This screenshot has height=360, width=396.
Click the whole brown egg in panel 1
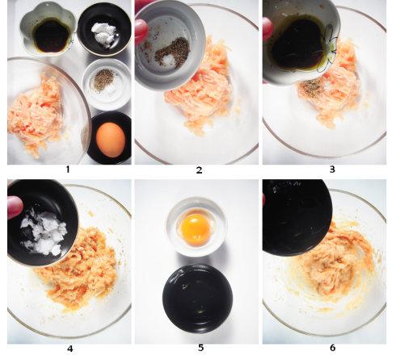click(x=111, y=140)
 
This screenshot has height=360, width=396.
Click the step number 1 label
click(x=67, y=170)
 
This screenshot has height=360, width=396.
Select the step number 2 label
click(x=199, y=170)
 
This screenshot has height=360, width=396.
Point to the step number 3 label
click(x=332, y=170)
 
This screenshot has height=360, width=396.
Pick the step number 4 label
click(x=70, y=349)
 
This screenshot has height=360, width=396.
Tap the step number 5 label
click(x=200, y=348)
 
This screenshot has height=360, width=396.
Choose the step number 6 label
click(x=332, y=348)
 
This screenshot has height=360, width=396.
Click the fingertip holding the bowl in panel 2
click(x=141, y=31)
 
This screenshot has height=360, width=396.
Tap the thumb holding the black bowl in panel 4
click(x=15, y=207)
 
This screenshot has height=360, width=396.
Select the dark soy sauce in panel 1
click(x=52, y=36)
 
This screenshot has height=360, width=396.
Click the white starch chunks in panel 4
click(x=44, y=233)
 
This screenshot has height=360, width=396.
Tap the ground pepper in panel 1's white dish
click(x=104, y=80)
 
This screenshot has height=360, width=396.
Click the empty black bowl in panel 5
click(x=198, y=299)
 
